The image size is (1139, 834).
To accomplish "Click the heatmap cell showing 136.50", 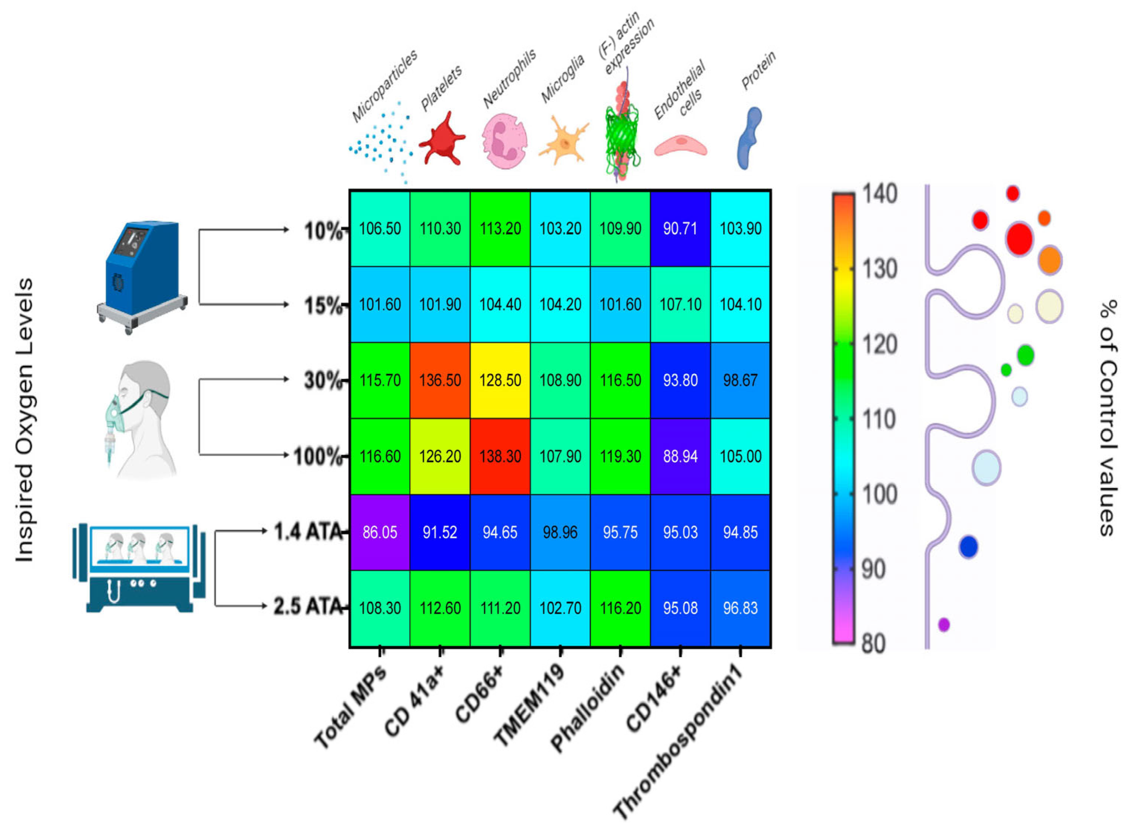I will coord(439,380).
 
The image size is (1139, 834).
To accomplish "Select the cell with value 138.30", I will coord(500,456).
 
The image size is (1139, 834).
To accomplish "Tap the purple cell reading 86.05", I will coord(380,532).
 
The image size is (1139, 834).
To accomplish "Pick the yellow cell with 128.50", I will coord(500,380).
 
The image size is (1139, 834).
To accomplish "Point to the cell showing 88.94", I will coord(680,456).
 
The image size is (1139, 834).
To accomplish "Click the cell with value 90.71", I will coord(680,228).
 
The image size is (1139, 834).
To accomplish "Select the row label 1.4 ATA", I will coord(308,532).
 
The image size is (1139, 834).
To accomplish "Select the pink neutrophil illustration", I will coord(504,140).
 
